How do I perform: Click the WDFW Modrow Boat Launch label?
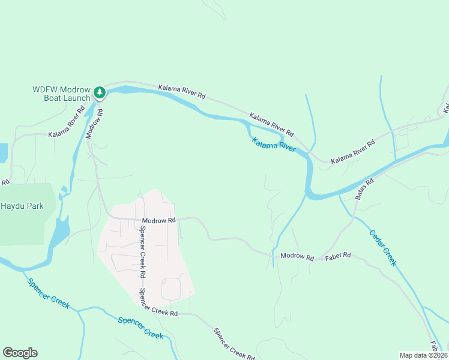61,94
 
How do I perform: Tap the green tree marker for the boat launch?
100,93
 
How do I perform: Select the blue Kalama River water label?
274,145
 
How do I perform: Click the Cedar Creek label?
382,248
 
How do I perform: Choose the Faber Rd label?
337,256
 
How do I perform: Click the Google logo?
20,353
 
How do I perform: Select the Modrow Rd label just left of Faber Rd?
297,257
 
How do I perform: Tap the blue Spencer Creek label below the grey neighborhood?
140,328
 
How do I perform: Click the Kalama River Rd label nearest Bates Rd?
353,152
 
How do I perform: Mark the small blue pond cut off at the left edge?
4,152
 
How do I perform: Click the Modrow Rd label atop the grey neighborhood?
158,220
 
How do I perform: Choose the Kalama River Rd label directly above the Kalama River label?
271,124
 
